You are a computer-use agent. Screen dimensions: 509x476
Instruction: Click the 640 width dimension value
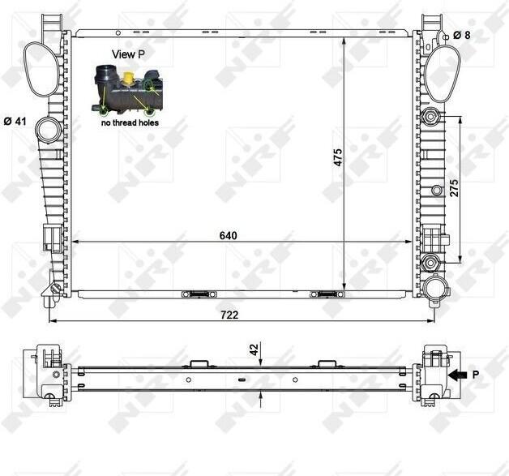229,235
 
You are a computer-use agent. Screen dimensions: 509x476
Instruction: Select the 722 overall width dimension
229,315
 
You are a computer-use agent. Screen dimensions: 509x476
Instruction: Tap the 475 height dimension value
338,158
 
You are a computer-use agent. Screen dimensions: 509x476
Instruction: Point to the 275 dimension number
454,187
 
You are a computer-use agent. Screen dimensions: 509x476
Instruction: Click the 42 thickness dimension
254,349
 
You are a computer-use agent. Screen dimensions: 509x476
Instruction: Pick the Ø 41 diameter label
15,122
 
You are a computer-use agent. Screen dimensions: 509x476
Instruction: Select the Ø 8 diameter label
462,35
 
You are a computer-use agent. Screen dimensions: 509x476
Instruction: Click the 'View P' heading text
128,54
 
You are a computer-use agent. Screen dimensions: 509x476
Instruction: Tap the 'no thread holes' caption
130,122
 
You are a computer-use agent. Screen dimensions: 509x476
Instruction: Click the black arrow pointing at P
457,375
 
